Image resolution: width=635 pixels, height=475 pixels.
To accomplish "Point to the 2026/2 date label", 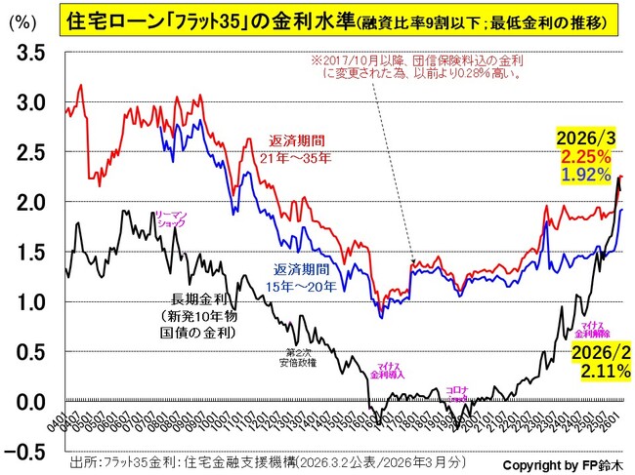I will coord(595,352).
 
